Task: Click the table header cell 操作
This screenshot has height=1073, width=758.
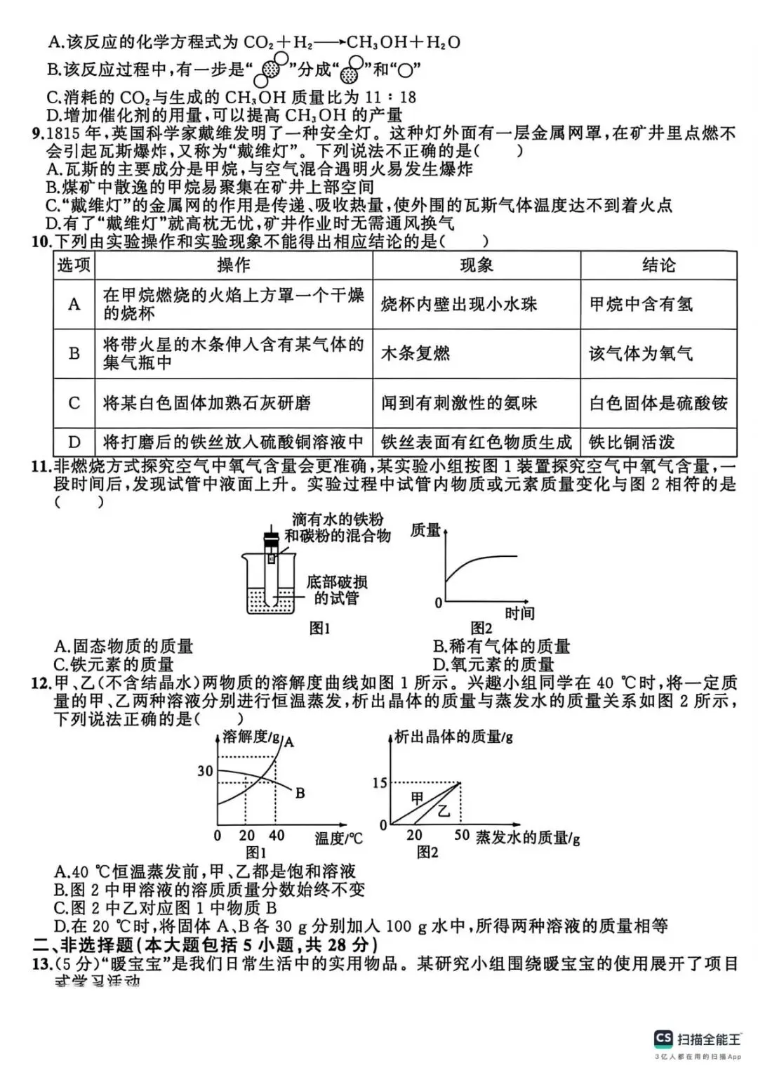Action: [x=234, y=265]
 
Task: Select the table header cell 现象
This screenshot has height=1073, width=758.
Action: [x=477, y=265]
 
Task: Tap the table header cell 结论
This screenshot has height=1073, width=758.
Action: [x=658, y=265]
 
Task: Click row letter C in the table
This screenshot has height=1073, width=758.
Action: [x=74, y=403]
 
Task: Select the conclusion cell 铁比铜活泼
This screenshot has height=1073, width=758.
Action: [x=632, y=442]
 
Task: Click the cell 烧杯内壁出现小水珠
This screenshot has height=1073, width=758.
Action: [x=459, y=304]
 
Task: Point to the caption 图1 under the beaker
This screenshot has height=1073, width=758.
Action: [x=319, y=628]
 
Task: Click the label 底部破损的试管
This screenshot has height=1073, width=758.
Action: [x=337, y=590]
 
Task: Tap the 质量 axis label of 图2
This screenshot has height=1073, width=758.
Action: [x=425, y=531]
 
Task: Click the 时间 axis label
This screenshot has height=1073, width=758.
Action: [x=519, y=613]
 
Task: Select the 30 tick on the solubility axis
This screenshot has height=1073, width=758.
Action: [x=205, y=771]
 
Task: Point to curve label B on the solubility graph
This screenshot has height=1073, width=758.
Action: [x=300, y=794]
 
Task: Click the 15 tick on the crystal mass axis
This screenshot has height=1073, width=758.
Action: [x=380, y=783]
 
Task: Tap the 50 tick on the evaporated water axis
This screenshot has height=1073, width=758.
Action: [x=462, y=835]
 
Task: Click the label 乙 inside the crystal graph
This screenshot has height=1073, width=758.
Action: [x=444, y=811]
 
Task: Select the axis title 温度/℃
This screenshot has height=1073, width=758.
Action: [x=338, y=838]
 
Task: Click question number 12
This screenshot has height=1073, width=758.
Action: [x=41, y=683]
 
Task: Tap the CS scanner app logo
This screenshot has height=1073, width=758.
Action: [x=663, y=1039]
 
